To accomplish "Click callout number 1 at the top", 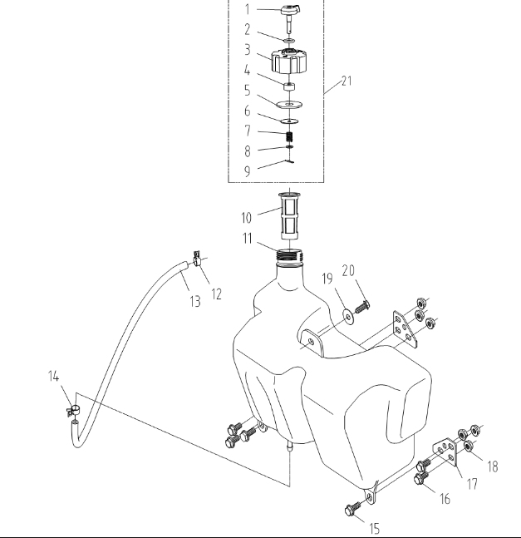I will (x=246, y=10).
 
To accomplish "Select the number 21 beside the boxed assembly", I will (x=347, y=81).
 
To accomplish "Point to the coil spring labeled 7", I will (x=290, y=136).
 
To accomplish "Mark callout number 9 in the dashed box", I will (x=246, y=171).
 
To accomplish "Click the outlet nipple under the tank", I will (x=290, y=448).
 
